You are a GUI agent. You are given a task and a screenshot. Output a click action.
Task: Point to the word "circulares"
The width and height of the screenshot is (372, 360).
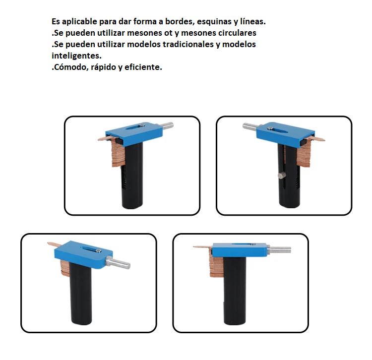click(237, 33)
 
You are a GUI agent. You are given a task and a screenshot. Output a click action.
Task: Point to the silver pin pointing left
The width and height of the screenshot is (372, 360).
click(249, 126)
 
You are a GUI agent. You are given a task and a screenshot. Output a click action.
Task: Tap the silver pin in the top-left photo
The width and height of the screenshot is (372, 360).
click(168, 126)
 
